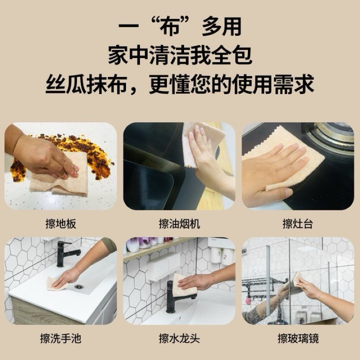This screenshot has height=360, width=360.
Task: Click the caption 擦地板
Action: (x=61, y=224)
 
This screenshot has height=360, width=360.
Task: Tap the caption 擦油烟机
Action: (x=179, y=224)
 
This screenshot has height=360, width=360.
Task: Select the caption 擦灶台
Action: (x=298, y=224)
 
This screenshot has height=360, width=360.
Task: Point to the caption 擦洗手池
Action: (x=61, y=338)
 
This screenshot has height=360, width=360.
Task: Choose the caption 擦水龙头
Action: (x=179, y=338)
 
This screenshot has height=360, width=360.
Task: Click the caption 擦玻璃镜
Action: (x=298, y=338)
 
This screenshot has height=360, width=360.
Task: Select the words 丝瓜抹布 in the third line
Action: (x=86, y=84)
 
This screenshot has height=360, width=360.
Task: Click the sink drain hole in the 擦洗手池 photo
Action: (x=78, y=287)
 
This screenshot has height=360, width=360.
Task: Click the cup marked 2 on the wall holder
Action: (x=225, y=256)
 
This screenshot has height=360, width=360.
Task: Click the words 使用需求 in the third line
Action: (x=273, y=84)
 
